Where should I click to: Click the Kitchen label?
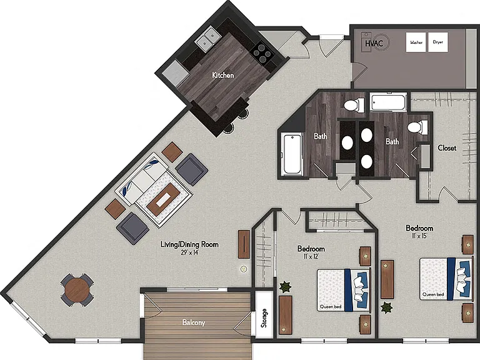tap(223, 75)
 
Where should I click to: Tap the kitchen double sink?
tap(208, 39)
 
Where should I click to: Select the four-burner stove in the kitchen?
tap(262, 52)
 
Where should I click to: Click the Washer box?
tap(416, 42)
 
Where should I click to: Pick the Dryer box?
tap(437, 42)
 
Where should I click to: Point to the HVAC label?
tap(374, 43)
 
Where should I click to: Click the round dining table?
tap(76, 289)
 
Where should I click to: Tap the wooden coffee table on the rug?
tap(163, 199)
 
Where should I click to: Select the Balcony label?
tap(194, 322)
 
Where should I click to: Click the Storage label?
tap(264, 318)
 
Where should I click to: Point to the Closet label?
tap(447, 148)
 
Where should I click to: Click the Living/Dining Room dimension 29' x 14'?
tap(189, 252)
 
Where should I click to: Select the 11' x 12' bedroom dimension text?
tap(311, 256)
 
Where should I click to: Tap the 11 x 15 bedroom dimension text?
tap(419, 236)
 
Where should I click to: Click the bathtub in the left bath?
tap(292, 154)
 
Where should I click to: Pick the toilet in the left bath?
tap(354, 105)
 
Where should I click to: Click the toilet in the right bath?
tap(417, 127)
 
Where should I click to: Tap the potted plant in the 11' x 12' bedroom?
tap(285, 287)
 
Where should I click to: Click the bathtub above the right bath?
tap(388, 102)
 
